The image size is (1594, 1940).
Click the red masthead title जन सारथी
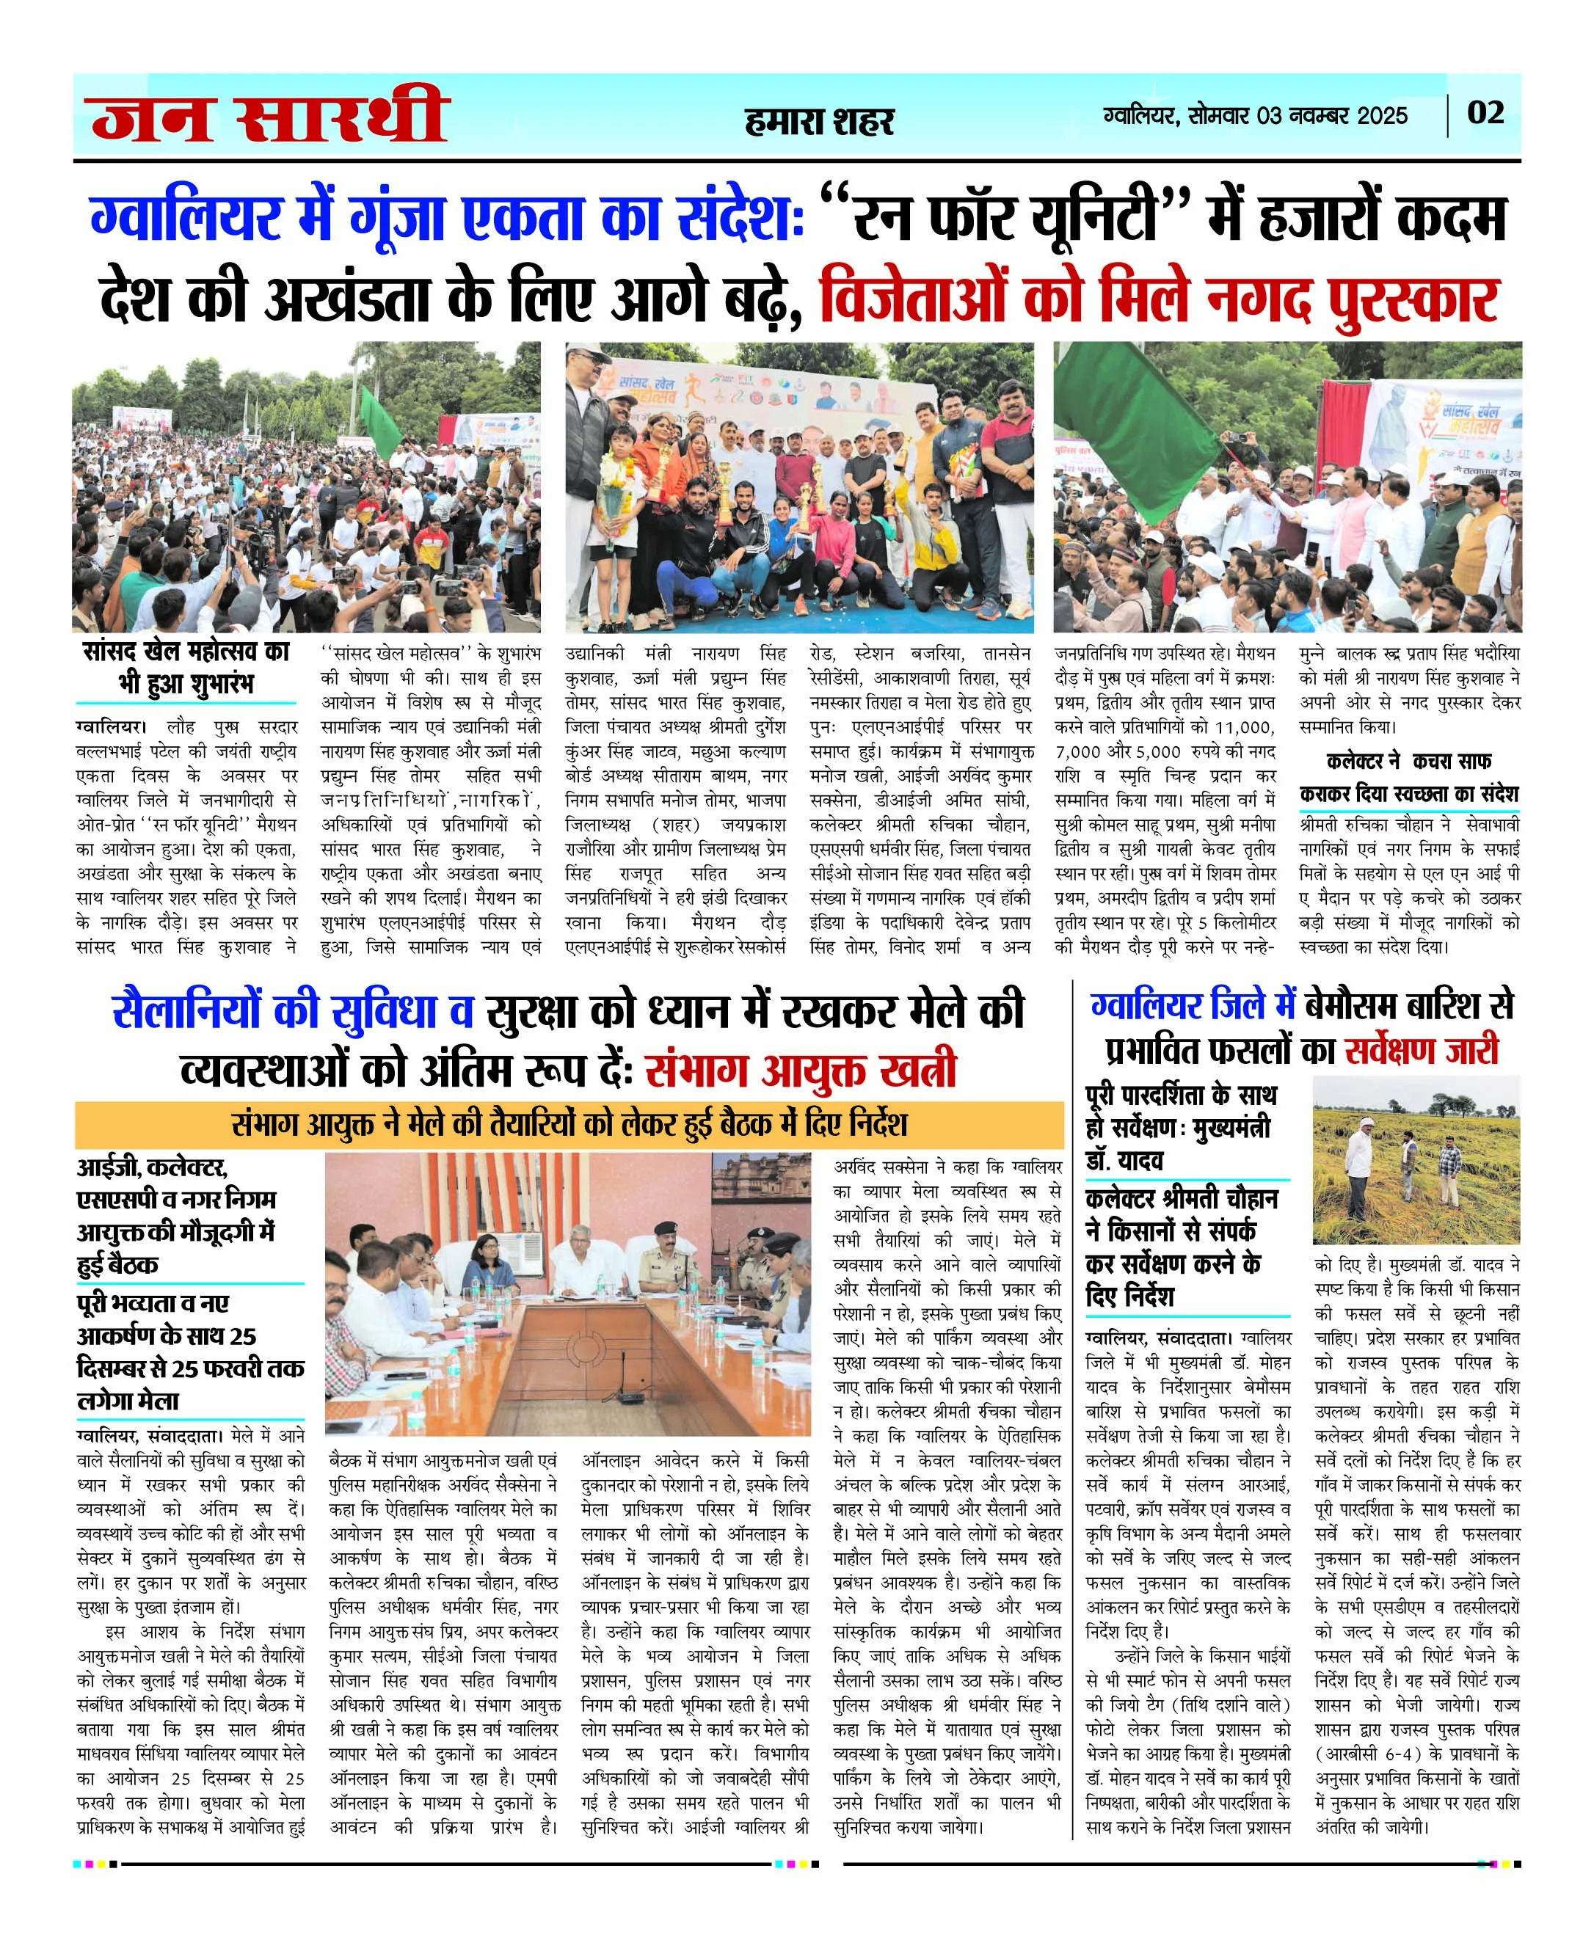[269, 117]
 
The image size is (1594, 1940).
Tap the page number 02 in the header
[1485, 113]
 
